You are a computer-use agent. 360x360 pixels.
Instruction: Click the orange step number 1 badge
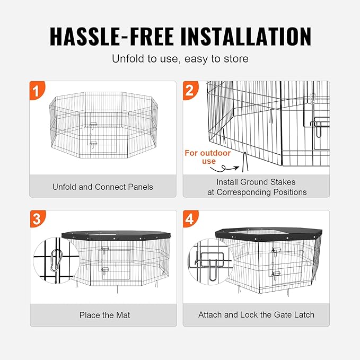pyautogui.click(x=36, y=90)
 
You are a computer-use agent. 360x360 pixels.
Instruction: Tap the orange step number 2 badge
pyautogui.click(x=190, y=90)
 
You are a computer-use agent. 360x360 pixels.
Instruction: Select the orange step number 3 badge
pyautogui.click(x=36, y=219)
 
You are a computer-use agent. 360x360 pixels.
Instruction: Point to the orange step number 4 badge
pyautogui.click(x=190, y=219)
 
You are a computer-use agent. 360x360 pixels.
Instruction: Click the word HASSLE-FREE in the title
pyautogui.click(x=111, y=36)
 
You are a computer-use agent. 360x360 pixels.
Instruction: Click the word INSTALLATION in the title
pyautogui.click(x=246, y=36)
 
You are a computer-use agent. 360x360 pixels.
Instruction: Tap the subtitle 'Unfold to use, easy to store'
pyautogui.click(x=180, y=59)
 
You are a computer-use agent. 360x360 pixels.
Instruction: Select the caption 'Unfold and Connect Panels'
pyautogui.click(x=103, y=187)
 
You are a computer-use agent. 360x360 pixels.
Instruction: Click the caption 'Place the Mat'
pyautogui.click(x=104, y=315)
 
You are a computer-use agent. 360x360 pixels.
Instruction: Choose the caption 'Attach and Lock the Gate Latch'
pyautogui.click(x=256, y=315)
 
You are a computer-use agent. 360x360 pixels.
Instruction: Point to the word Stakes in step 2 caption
pyautogui.click(x=284, y=182)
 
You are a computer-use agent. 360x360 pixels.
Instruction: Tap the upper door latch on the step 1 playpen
pyautogui.click(x=94, y=126)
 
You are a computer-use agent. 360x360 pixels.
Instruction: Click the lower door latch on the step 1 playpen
pyautogui.click(x=94, y=143)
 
